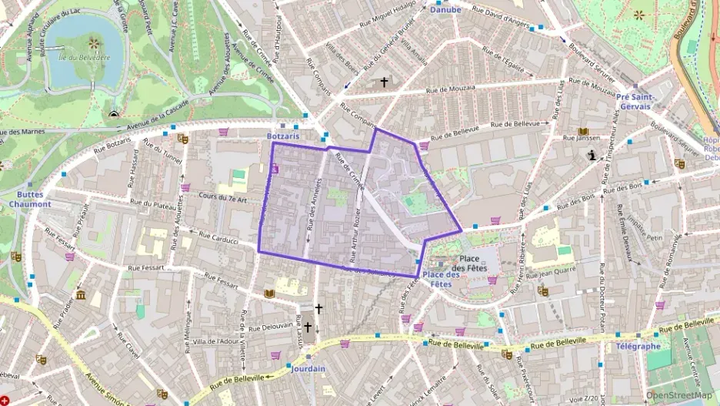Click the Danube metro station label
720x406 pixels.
(x=445, y=10)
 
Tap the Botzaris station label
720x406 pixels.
(x=282, y=136)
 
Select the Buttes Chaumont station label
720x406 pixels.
(x=33, y=200)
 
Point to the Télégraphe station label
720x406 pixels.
(x=638, y=347)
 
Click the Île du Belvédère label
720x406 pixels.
(x=85, y=57)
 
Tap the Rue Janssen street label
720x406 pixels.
(x=581, y=139)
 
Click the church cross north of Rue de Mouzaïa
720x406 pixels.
(x=384, y=82)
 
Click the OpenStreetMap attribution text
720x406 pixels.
(x=678, y=395)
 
